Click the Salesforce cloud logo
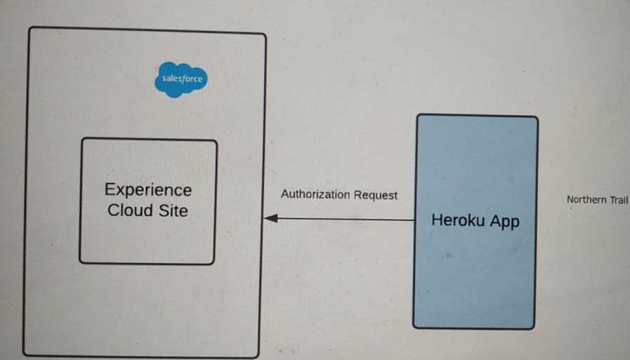click(x=181, y=79)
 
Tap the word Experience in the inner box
click(x=148, y=190)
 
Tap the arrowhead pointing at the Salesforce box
click(x=270, y=218)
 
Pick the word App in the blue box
click(x=505, y=222)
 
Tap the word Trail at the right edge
click(x=619, y=200)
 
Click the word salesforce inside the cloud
click(x=182, y=79)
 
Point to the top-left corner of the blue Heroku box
click(x=418, y=115)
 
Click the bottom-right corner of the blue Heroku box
click(x=533, y=328)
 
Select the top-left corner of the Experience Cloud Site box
click(x=83, y=139)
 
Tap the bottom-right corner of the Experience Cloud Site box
click(x=214, y=263)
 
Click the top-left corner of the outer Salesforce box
click(x=29, y=28)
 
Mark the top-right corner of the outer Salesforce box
click(x=265, y=34)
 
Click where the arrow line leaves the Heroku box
click(x=415, y=220)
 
